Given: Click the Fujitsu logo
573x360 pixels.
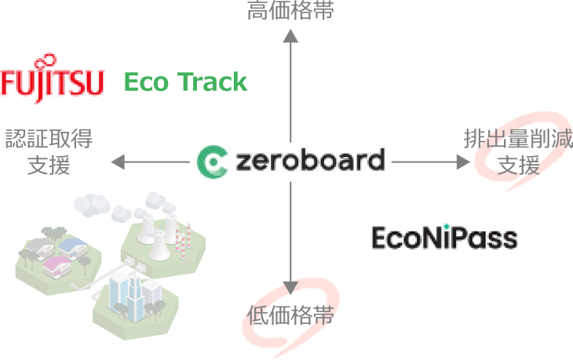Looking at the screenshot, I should pyautogui.click(x=53, y=78).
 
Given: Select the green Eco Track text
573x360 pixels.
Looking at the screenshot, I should pyautogui.click(x=186, y=82).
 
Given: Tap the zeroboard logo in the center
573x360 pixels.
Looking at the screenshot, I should pyautogui.click(x=290, y=162).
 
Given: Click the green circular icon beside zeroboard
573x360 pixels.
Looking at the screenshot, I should pyautogui.click(x=211, y=162).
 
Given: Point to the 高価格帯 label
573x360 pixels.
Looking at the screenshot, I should pyautogui.click(x=290, y=11).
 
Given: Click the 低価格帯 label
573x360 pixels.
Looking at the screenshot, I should pyautogui.click(x=291, y=316).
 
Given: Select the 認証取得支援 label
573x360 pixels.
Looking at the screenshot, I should pyautogui.click(x=49, y=152).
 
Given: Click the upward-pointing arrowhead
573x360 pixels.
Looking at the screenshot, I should pyautogui.click(x=290, y=35).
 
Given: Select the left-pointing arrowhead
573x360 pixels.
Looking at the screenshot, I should pyautogui.click(x=118, y=162).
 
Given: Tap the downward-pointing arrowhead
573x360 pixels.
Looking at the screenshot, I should pyautogui.click(x=290, y=289).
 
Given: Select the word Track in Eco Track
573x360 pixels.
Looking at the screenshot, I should pyautogui.click(x=211, y=82).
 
